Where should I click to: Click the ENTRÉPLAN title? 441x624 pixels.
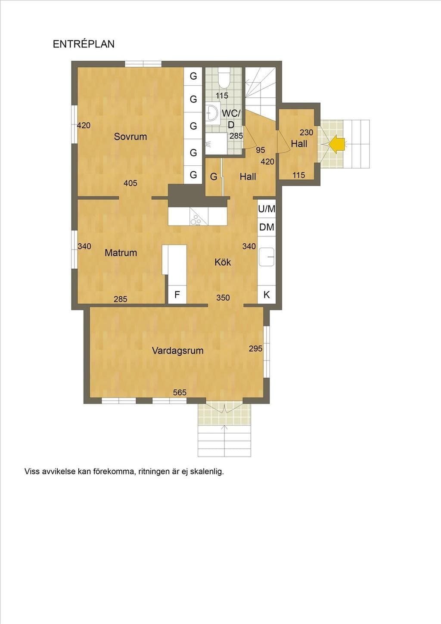(84, 44)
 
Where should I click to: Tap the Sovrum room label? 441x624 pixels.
(130, 137)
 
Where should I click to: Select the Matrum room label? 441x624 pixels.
(121, 253)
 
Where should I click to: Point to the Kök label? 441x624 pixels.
(223, 262)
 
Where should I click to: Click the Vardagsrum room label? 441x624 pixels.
(177, 351)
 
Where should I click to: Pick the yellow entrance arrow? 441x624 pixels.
(336, 144)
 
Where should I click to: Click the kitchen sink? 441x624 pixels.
(267, 257)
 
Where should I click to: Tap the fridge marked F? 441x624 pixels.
(177, 295)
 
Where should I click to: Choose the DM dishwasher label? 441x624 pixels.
(267, 227)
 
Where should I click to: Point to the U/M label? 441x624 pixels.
(267, 209)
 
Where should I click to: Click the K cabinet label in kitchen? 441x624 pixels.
(267, 295)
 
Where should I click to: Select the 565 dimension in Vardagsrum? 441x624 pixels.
(180, 392)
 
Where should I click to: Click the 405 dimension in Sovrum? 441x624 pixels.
(130, 183)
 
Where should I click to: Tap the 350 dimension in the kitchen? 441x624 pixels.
(223, 298)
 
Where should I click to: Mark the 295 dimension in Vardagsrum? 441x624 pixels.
(256, 348)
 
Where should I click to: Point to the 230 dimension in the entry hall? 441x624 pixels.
(307, 132)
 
